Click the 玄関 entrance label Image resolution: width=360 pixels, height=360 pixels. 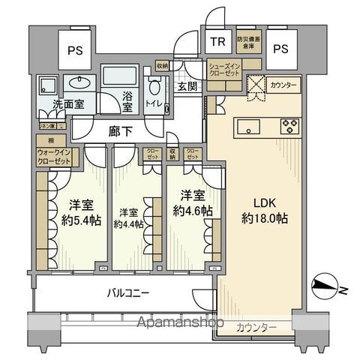pyautogui.click(x=187, y=88)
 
